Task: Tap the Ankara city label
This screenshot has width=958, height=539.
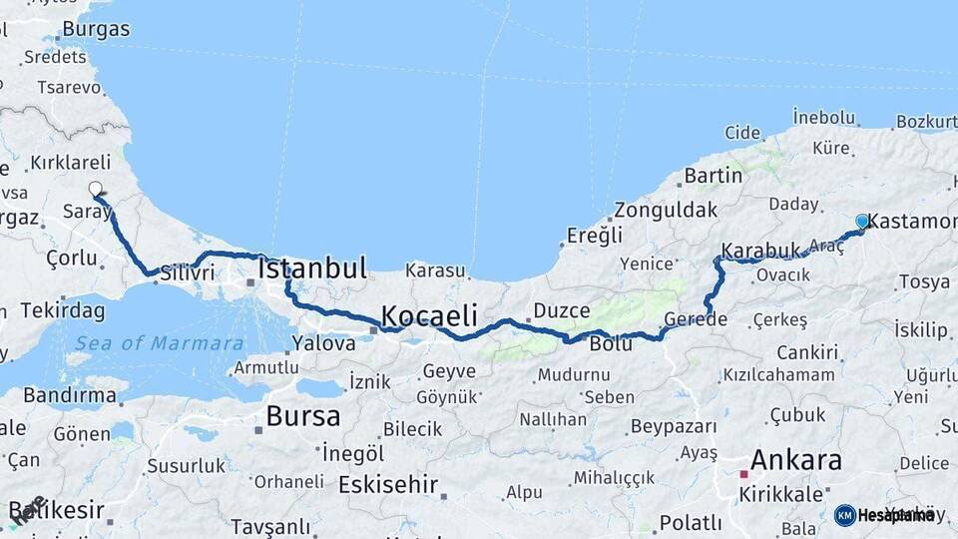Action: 795,460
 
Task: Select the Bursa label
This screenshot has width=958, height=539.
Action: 302,415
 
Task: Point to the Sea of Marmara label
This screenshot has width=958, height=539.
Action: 156,343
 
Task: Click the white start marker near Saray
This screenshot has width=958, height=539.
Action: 96,189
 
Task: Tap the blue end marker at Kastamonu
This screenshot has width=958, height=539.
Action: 862,221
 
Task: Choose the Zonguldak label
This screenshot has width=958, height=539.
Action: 666,211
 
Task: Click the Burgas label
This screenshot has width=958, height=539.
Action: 96,29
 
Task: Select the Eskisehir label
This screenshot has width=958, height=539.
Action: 388,485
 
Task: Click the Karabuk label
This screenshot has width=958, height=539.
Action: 760,250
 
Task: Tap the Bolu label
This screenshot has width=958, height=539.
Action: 611,344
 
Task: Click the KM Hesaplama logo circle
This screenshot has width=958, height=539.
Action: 844,515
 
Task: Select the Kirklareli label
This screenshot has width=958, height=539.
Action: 70,162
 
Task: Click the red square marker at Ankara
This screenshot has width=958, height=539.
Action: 742,475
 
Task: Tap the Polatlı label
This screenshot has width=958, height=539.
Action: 691,522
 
